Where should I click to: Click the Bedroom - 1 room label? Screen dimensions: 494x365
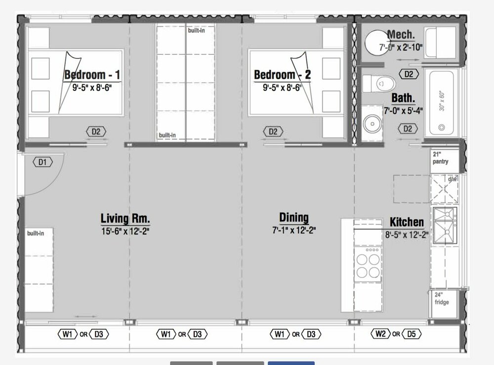[92, 75]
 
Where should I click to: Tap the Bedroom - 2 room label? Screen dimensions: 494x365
[282, 75]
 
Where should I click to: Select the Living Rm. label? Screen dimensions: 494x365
[125, 218]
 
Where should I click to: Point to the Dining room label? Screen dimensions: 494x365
[294, 217]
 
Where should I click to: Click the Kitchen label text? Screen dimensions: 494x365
[407, 222]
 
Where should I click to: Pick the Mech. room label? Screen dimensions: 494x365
[401, 34]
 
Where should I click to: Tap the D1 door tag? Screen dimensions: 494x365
[42, 162]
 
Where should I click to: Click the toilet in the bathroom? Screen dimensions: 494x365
[379, 84]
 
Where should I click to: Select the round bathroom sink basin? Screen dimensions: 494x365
[372, 124]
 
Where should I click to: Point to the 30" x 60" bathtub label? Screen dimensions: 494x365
[442, 101]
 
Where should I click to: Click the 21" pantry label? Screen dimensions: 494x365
[440, 158]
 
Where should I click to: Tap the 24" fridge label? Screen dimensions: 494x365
[441, 298]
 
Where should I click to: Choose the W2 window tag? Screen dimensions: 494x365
[381, 333]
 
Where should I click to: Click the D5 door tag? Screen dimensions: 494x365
[412, 333]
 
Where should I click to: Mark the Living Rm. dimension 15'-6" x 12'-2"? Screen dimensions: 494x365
[125, 231]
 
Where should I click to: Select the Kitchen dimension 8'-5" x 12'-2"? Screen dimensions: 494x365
[407, 235]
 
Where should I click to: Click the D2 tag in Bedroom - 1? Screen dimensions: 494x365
[96, 132]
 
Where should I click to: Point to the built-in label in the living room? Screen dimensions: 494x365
[36, 233]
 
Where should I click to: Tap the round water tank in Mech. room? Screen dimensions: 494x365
[377, 43]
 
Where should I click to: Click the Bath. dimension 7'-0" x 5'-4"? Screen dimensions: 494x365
[403, 111]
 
